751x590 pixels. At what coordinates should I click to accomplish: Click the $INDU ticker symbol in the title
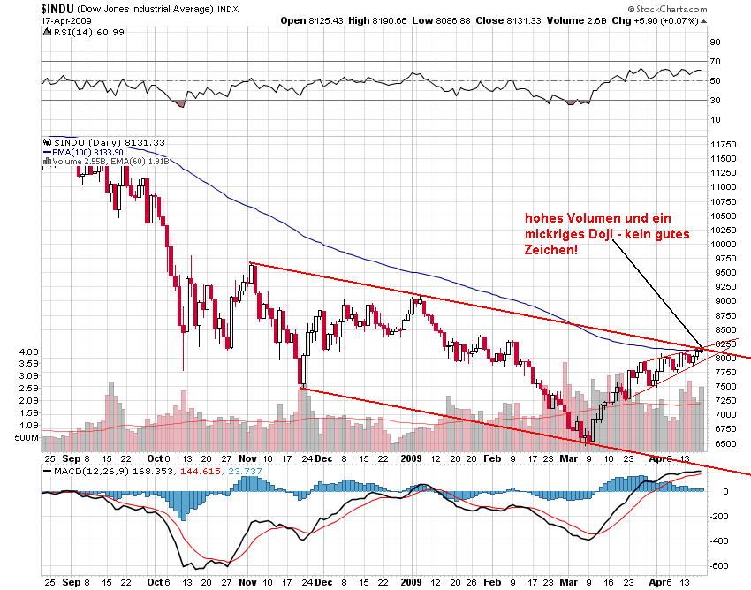(x=58, y=8)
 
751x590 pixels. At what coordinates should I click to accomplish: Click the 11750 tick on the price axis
(x=723, y=144)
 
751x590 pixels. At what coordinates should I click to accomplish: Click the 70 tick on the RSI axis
(x=715, y=61)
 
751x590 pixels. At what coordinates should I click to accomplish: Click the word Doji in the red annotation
(x=617, y=233)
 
